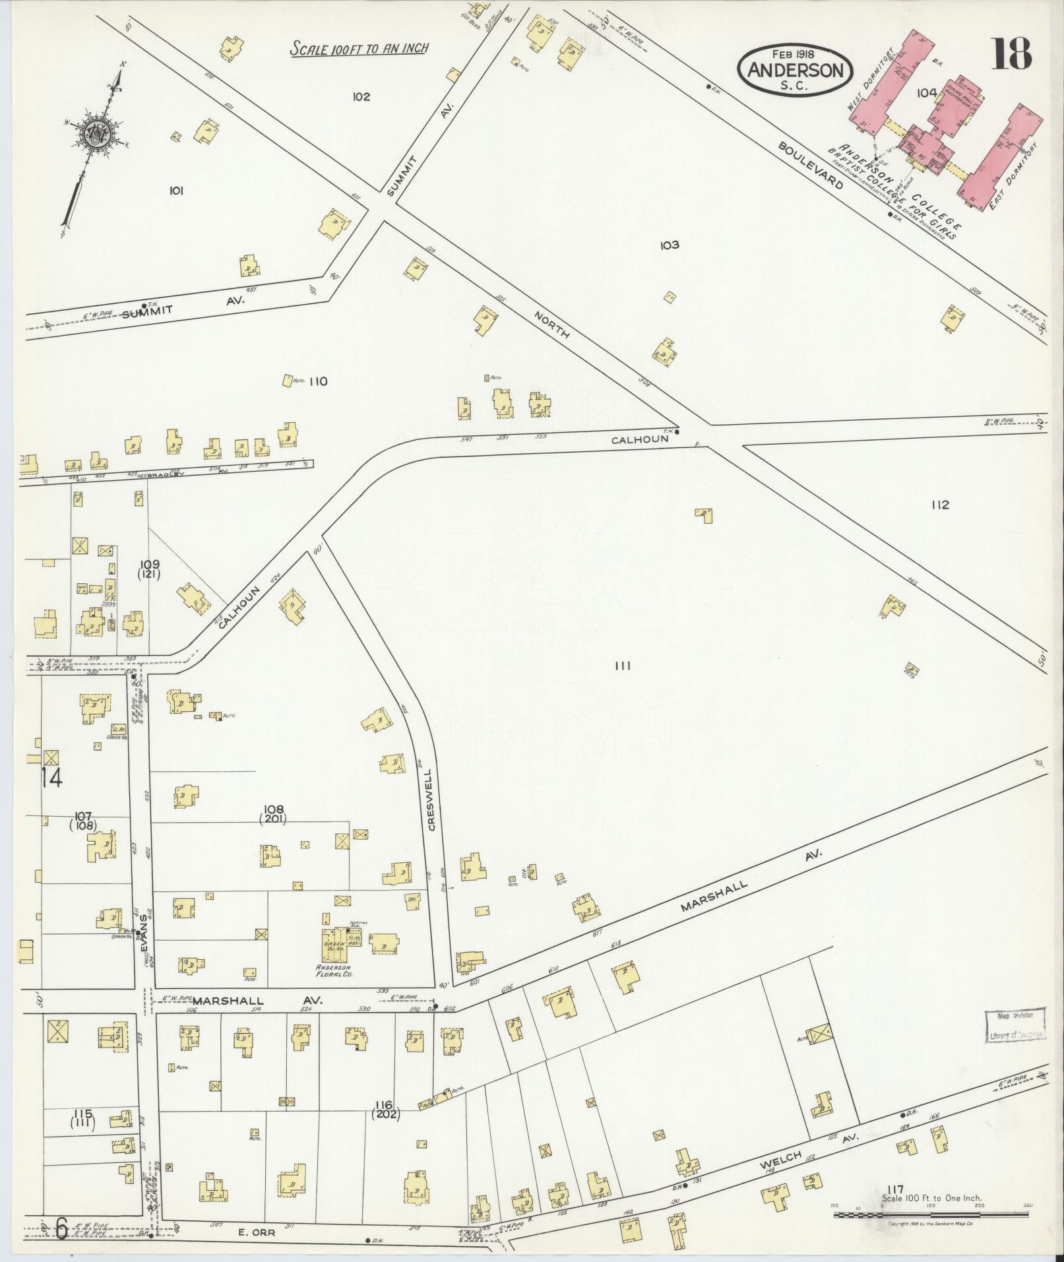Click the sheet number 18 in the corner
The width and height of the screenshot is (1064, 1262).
(1012, 53)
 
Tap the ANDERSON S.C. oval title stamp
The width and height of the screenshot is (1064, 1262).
(795, 72)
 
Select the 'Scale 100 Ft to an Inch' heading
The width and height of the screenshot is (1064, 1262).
(360, 48)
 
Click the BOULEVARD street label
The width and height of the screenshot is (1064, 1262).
(811, 164)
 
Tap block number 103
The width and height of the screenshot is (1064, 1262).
(669, 245)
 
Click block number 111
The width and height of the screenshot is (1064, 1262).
(622, 666)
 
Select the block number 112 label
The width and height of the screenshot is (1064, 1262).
(940, 505)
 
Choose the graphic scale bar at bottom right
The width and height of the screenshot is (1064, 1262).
(931, 1214)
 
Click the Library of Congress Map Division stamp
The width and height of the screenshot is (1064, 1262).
(1016, 1025)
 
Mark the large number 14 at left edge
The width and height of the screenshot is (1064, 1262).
(51, 778)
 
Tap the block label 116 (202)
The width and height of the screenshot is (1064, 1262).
(385, 1110)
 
